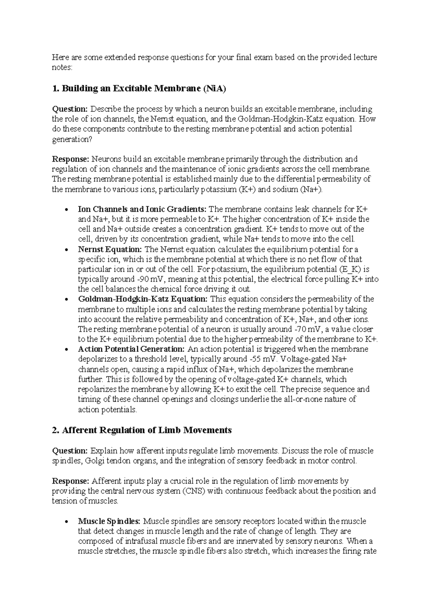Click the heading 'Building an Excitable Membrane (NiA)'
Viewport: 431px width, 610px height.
tap(139, 89)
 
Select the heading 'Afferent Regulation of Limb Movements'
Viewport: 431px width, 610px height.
tap(142, 430)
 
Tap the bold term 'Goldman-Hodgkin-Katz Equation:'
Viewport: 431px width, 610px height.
tap(143, 299)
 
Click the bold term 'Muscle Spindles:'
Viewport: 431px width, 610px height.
tap(110, 521)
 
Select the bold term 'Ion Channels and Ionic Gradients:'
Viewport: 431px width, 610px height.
tap(142, 209)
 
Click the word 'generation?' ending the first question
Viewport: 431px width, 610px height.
tap(72, 139)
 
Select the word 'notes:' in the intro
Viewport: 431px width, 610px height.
tap(62, 67)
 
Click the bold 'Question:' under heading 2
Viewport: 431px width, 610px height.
tap(70, 451)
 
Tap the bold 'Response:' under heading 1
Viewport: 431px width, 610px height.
tap(71, 159)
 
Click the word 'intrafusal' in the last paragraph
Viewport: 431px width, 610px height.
tap(136, 541)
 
